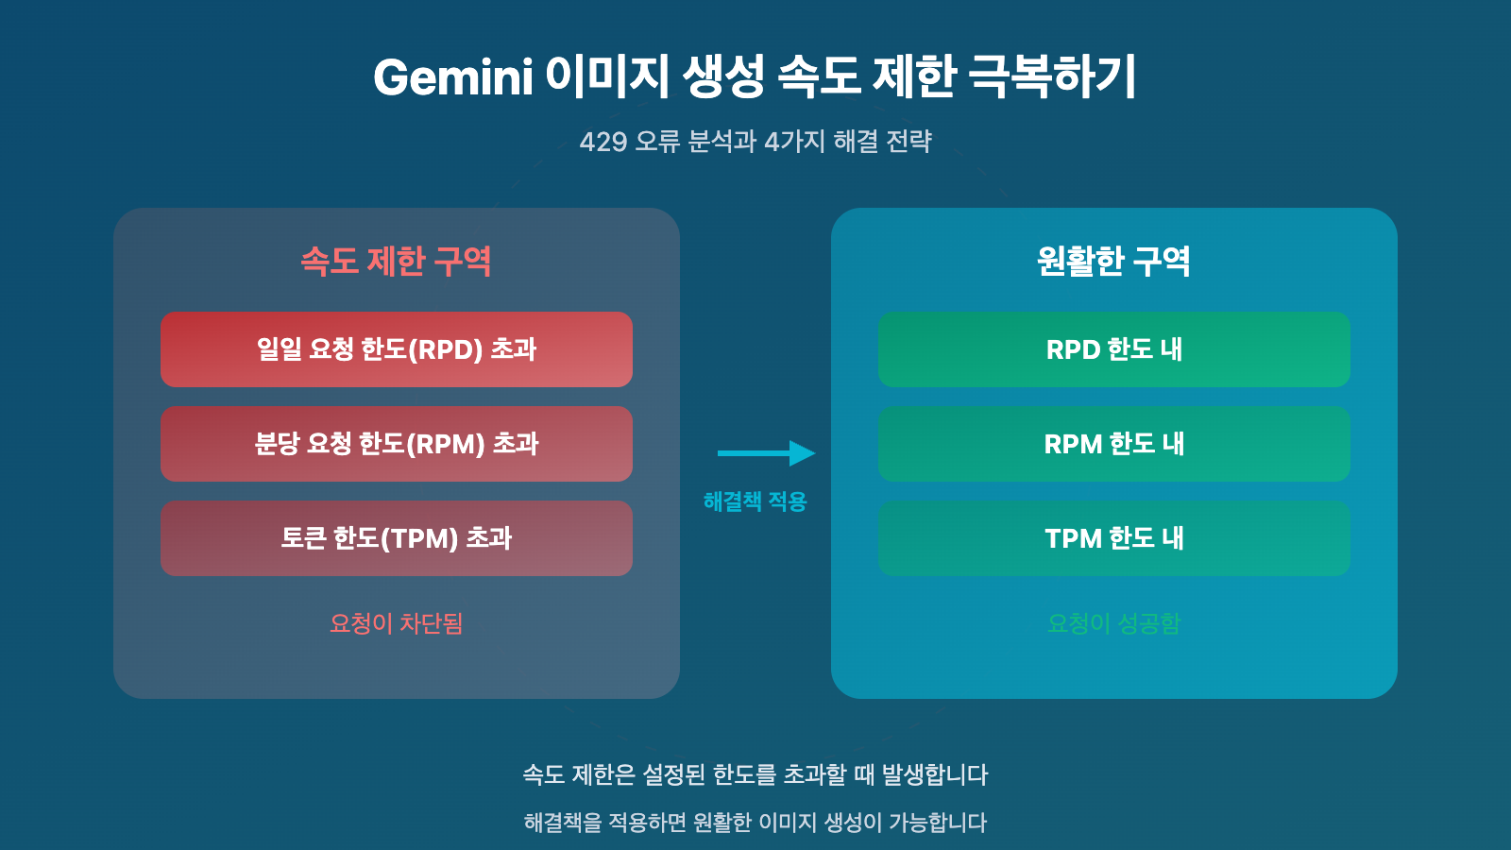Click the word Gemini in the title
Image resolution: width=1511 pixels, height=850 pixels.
coord(453,77)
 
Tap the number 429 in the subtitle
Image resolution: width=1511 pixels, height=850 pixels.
coord(603,142)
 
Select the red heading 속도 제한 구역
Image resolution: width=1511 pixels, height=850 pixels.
coord(396,262)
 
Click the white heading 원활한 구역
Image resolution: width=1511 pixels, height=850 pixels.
coord(1113,262)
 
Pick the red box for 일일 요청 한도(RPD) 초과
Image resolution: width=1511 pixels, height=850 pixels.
coord(396,349)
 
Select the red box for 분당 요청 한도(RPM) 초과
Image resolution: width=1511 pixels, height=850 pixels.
coord(396,444)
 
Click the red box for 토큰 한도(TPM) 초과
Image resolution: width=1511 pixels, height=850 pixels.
coord(396,538)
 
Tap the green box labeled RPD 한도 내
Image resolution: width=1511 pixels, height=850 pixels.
coord(1113,349)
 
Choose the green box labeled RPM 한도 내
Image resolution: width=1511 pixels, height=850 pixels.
coord(1113,444)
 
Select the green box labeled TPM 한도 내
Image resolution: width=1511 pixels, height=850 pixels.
coord(1113,538)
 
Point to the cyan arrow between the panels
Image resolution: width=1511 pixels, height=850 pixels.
coord(765,453)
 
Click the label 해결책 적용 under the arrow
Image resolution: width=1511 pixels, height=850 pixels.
coord(755,501)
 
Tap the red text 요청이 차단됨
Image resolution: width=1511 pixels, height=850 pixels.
coord(396,623)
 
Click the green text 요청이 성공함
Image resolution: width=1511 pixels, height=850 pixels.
coord(1113,623)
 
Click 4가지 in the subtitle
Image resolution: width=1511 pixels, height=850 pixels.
coord(794,142)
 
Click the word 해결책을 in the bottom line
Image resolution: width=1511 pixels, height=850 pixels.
coord(563,823)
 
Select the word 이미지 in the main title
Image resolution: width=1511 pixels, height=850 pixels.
coord(607,77)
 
